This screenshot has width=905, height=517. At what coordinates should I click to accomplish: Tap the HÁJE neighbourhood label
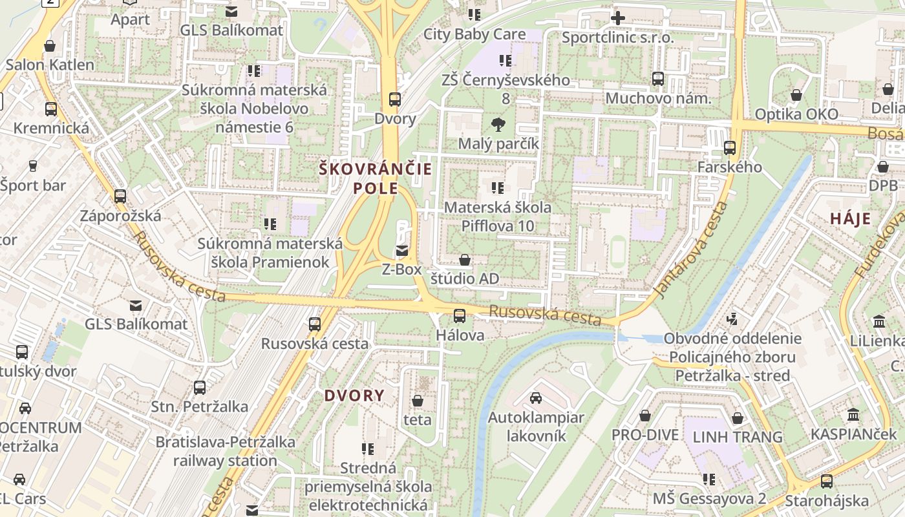[x=851, y=218]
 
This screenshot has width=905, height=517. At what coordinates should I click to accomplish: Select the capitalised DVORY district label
[x=354, y=396]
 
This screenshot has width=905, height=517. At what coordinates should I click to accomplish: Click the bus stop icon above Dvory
[x=394, y=100]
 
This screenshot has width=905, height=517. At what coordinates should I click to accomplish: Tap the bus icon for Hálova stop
[x=460, y=316]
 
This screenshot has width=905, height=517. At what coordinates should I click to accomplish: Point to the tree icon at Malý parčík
[x=498, y=124]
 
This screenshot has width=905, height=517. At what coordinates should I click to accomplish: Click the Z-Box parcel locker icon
[x=402, y=250]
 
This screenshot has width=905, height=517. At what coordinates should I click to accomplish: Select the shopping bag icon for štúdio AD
[x=464, y=260]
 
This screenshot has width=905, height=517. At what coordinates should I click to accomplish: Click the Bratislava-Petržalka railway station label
[x=225, y=451]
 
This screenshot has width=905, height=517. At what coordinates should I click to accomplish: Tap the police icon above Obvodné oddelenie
[x=732, y=319]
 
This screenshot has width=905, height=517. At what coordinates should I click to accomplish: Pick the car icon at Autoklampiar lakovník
[x=536, y=398]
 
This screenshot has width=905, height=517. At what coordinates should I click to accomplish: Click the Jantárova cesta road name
[x=690, y=251]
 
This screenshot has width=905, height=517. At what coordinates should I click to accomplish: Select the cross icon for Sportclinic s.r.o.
[x=618, y=18]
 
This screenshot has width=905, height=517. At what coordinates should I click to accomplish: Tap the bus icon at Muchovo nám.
[x=658, y=79]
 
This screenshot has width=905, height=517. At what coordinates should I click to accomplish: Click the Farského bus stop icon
[x=730, y=148]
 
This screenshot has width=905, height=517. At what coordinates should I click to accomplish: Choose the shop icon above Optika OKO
[x=796, y=95]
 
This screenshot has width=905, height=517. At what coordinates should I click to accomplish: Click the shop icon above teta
[x=418, y=401]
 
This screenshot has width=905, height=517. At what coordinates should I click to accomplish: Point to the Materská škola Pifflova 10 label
[x=498, y=216]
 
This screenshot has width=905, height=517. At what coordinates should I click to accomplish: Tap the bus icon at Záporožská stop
[x=120, y=196]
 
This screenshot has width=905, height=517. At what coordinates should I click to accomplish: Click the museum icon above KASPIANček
[x=853, y=414]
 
